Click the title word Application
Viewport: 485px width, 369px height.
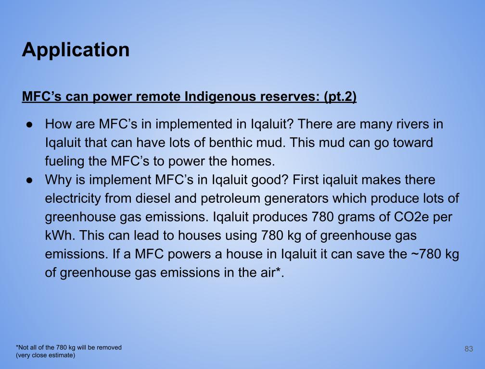pyautogui.click(x=76, y=50)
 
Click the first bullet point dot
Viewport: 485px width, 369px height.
pyautogui.click(x=30, y=124)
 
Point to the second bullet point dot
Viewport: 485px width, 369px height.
pyautogui.click(x=30, y=180)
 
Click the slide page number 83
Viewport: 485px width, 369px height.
pyautogui.click(x=469, y=349)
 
